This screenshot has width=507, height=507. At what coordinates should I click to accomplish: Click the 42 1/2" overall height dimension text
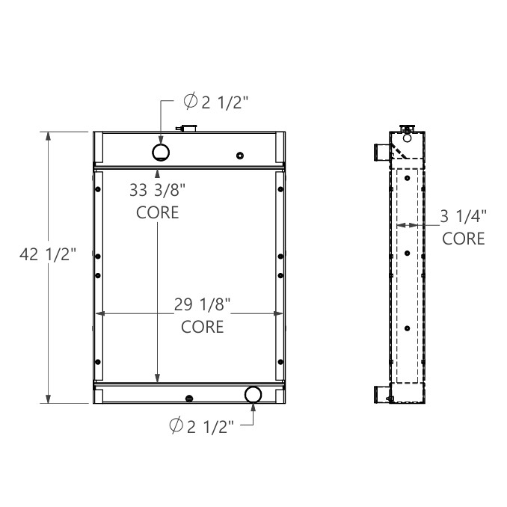[48, 254]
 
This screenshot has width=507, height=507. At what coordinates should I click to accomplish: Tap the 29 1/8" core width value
[203, 304]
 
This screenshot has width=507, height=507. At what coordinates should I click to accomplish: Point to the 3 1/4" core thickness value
[463, 217]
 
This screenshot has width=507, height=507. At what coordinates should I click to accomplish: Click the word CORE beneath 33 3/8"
[157, 212]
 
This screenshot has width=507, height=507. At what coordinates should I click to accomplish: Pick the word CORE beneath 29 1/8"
[203, 327]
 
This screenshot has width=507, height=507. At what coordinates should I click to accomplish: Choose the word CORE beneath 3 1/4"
[463, 239]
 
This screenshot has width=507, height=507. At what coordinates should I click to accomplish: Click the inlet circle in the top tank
[161, 153]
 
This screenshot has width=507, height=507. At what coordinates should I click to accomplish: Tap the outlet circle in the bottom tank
[253, 395]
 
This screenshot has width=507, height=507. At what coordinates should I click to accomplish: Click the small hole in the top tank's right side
[239, 156]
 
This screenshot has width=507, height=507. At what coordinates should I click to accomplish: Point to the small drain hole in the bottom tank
[190, 397]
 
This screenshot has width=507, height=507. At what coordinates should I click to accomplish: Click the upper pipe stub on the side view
[381, 152]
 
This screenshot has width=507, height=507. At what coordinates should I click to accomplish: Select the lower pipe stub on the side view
[381, 394]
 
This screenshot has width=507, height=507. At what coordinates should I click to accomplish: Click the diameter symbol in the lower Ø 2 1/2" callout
[176, 426]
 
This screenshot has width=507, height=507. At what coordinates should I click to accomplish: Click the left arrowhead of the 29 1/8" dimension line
[101, 313]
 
